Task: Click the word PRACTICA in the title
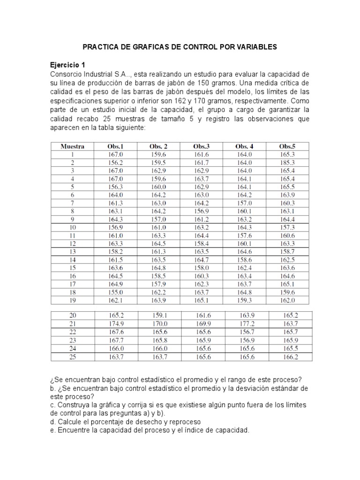[102, 47]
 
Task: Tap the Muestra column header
[73, 146]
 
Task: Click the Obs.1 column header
[115, 146]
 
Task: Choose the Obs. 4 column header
[244, 146]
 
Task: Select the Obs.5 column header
[287, 146]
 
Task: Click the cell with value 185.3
[287, 162]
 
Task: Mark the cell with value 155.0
[115, 291]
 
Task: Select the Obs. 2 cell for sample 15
[158, 267]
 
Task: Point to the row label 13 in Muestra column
[73, 251]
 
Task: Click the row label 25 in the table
[73, 357]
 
